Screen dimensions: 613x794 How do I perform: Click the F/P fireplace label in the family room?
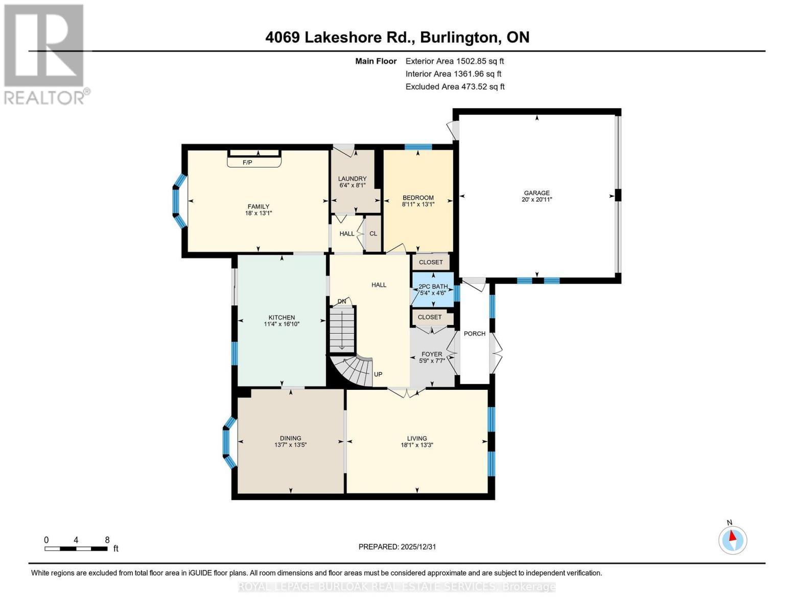247,162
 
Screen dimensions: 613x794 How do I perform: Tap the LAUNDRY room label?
352,179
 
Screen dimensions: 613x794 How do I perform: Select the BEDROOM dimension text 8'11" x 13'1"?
418,204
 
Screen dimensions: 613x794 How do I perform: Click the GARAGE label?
536,193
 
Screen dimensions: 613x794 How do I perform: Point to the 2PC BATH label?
433,287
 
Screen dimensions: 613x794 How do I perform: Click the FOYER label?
432,354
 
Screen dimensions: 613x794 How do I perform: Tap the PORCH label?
475,334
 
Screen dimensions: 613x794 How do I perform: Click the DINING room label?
290,438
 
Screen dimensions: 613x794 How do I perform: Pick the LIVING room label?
417,438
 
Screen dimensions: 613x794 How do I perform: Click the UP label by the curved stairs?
378,374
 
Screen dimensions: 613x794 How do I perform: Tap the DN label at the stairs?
342,301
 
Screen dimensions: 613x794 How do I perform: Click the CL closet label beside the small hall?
373,233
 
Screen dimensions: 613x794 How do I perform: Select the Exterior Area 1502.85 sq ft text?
455,61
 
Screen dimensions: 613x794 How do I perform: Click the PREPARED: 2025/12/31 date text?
397,547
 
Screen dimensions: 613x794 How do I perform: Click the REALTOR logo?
45,54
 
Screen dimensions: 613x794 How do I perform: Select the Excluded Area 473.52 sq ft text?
455,87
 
